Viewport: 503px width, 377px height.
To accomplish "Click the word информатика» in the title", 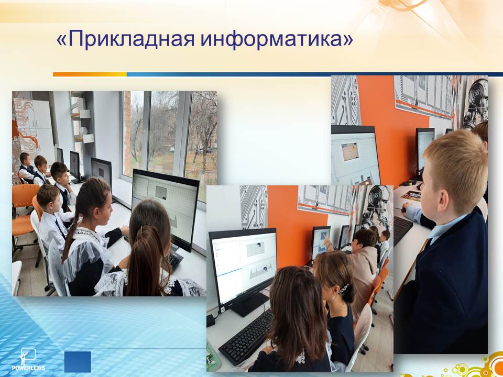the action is click(x=277, y=39).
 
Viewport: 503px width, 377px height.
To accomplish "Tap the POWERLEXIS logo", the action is click(x=28, y=359).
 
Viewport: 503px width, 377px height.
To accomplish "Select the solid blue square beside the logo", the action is click(x=78, y=362).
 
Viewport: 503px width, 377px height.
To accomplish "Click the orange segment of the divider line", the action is click(x=90, y=74).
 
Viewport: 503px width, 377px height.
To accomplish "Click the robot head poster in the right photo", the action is click(x=475, y=103).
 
